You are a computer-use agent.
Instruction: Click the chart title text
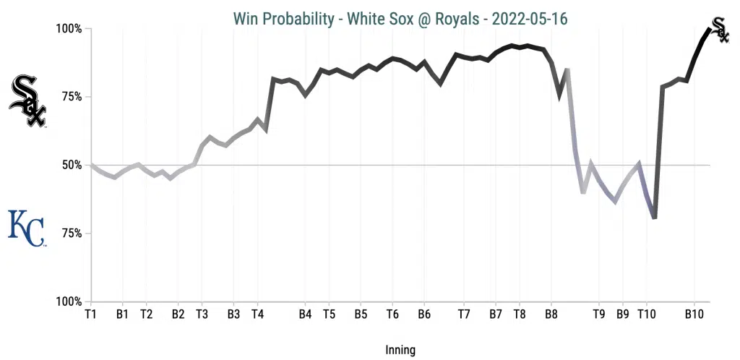400,18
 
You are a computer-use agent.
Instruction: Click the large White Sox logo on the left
27,100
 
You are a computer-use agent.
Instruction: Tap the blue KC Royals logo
26,228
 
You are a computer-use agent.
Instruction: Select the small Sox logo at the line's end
719,30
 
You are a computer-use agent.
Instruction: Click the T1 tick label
90,314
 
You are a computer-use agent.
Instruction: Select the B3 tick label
233,314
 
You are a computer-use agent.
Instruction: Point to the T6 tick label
392,314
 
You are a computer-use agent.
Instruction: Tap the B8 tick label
551,314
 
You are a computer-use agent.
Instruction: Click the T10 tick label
647,314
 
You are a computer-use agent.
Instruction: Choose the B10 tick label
694,314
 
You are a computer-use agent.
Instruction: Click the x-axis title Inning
400,350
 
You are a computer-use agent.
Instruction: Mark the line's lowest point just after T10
654,218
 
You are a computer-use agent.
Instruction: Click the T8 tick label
520,314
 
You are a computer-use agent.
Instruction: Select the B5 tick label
361,314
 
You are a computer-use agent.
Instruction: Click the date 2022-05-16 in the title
530,18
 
